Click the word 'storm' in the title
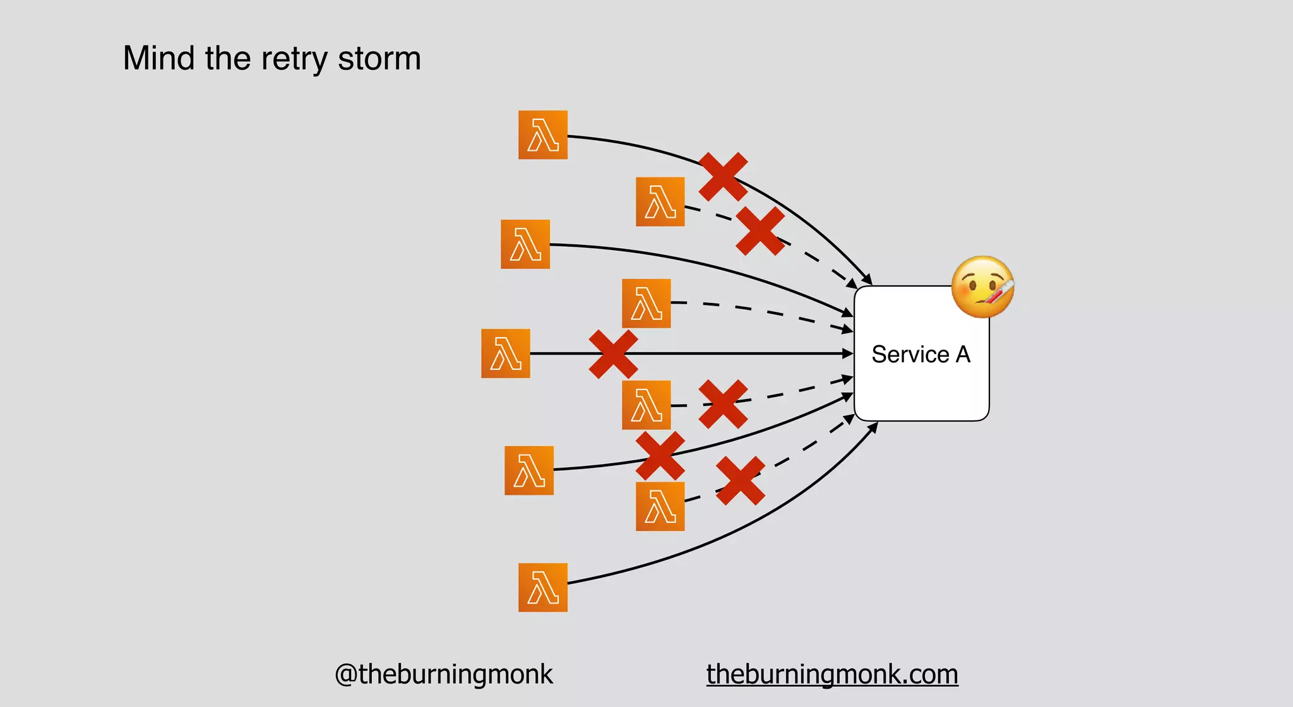(379, 58)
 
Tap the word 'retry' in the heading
(294, 59)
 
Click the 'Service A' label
(921, 354)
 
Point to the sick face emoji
(982, 287)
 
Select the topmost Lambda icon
(542, 135)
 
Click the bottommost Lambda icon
(542, 588)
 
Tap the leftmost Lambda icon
(505, 353)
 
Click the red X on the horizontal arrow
(613, 354)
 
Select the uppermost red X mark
(723, 177)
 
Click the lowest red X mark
(740, 481)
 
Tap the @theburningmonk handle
(443, 674)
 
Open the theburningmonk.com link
(832, 674)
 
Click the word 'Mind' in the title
(158, 58)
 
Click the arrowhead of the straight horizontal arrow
(849, 354)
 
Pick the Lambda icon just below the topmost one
(660, 202)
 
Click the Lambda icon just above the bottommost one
(660, 506)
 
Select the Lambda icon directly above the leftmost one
(646, 303)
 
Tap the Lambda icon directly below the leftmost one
(646, 405)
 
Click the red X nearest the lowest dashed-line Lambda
(740, 481)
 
